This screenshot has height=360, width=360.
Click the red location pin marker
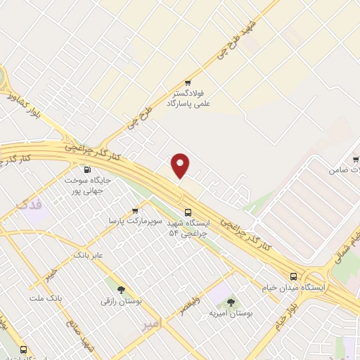[x=181, y=165]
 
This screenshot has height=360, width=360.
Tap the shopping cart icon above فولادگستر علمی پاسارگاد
[x=187, y=82]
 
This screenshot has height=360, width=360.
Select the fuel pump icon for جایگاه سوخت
[x=87, y=169]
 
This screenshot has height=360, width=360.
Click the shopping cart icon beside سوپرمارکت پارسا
[x=134, y=210]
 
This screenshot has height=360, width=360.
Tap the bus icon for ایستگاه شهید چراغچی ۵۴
[x=188, y=212]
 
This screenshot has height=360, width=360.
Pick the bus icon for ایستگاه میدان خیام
[x=293, y=276]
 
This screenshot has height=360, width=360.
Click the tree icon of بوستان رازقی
[x=121, y=289]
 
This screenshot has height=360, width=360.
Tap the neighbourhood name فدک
[x=29, y=205]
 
